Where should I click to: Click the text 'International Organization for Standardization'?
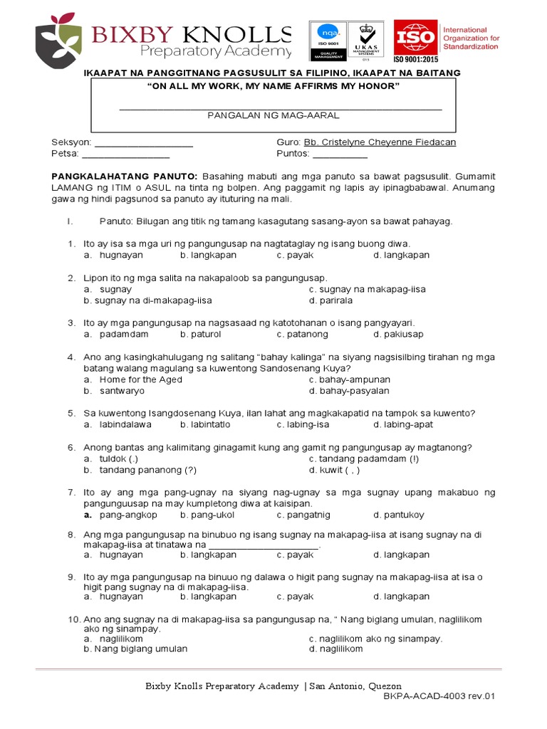click(471, 38)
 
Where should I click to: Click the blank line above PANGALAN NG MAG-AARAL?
click(281, 108)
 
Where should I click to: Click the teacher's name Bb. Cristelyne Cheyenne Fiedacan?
click(380, 142)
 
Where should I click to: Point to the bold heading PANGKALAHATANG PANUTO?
click(125, 176)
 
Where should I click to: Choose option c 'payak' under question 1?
click(295, 255)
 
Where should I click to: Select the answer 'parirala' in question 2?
click(330, 300)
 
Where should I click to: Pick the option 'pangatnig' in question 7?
click(303, 515)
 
